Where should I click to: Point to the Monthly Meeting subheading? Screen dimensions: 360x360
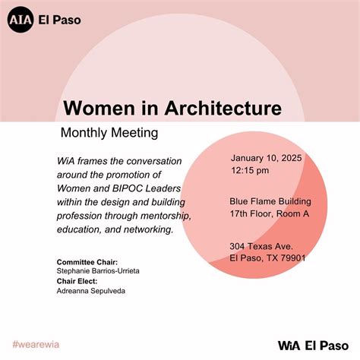pyautogui.click(x=109, y=132)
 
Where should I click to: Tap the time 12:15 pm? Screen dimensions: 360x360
pyautogui.click(x=249, y=171)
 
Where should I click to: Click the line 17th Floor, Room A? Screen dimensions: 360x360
pyautogui.click(x=269, y=214)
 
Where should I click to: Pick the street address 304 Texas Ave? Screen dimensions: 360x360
pyautogui.click(x=262, y=246)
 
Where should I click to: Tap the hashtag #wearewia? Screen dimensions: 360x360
pyautogui.click(x=36, y=344)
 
